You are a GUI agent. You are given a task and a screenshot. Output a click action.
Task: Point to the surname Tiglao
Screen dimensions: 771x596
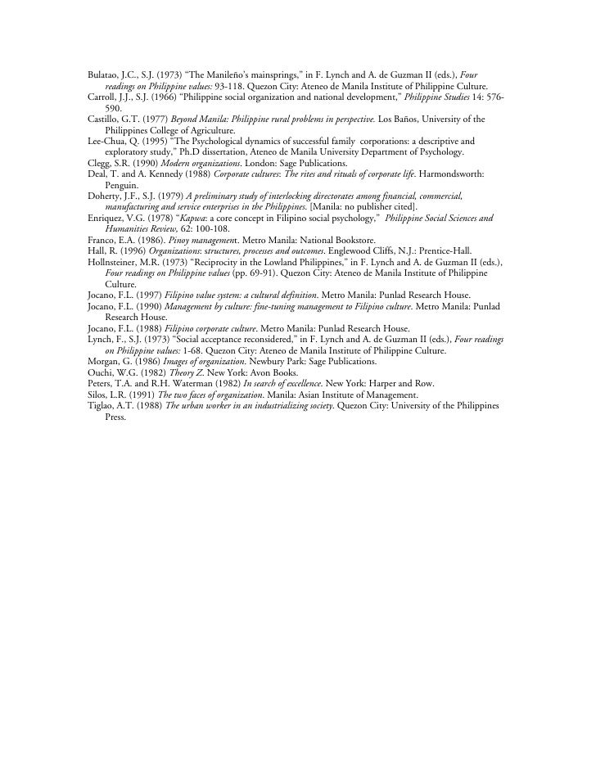[103, 407]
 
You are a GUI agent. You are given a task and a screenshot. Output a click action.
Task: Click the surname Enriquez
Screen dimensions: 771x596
[107, 219]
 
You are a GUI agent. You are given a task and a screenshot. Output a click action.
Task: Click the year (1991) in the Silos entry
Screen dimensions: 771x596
[142, 395]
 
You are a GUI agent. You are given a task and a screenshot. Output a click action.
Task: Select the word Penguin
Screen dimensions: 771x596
[122, 186]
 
